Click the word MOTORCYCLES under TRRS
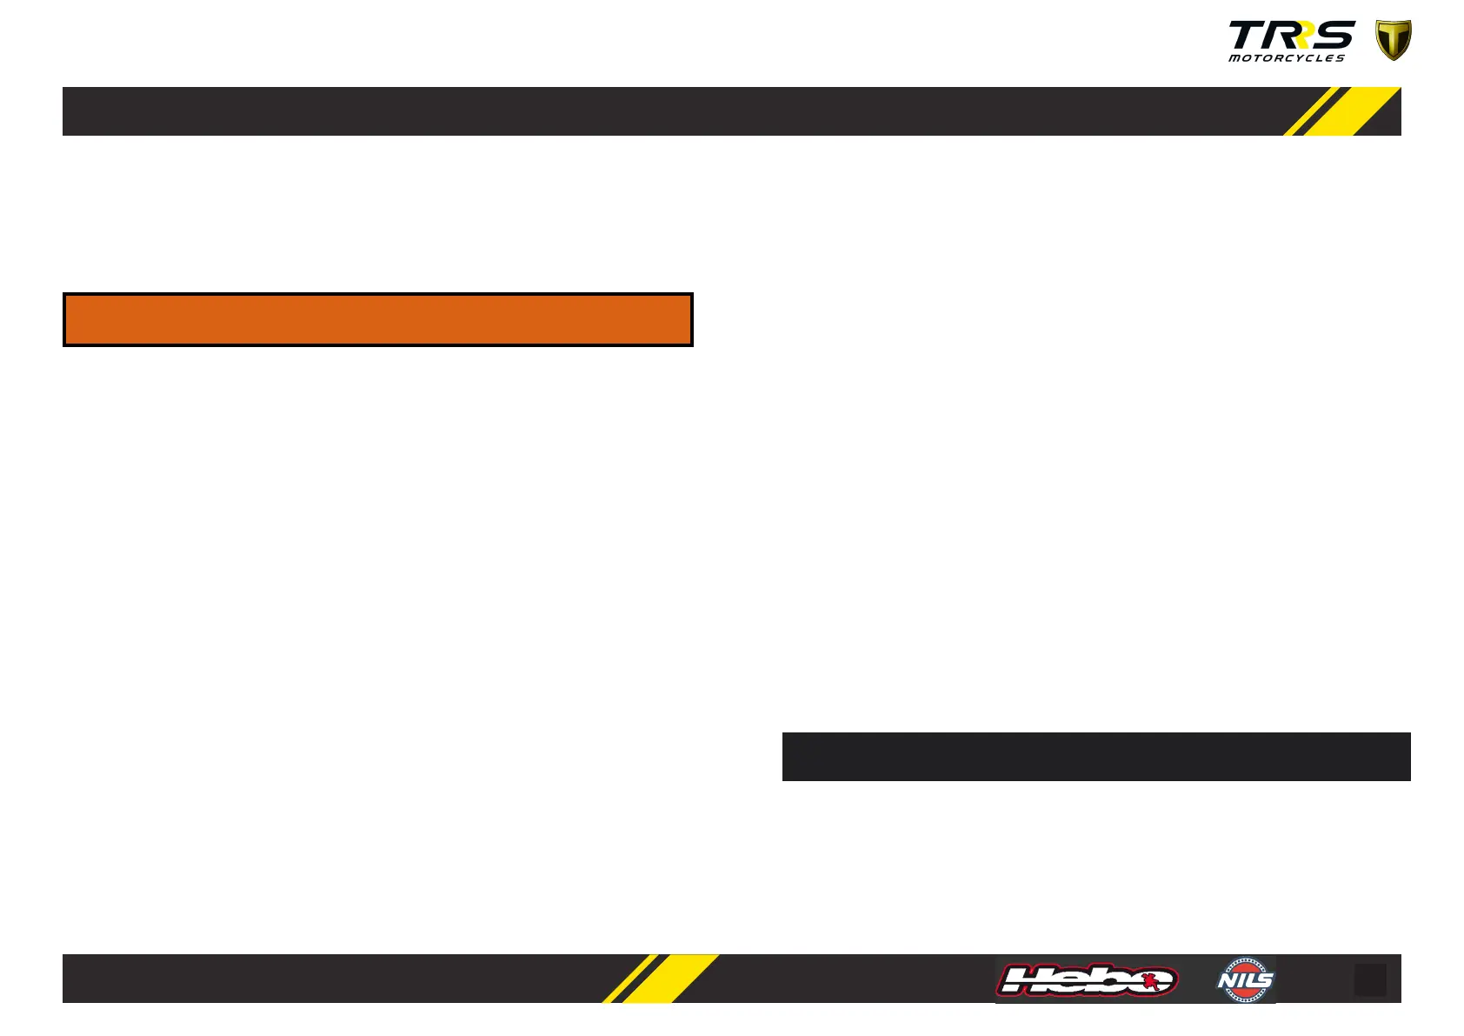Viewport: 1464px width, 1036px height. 1286,58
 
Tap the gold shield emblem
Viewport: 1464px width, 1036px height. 1393,40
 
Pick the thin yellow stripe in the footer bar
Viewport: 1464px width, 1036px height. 629,979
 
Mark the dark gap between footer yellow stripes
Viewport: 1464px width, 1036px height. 643,979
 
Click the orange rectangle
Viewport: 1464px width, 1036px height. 377,319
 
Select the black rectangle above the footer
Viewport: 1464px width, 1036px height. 1095,756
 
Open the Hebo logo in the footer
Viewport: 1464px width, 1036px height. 1087,980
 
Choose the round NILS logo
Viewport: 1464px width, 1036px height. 1245,980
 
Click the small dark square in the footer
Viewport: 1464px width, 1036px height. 1370,979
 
